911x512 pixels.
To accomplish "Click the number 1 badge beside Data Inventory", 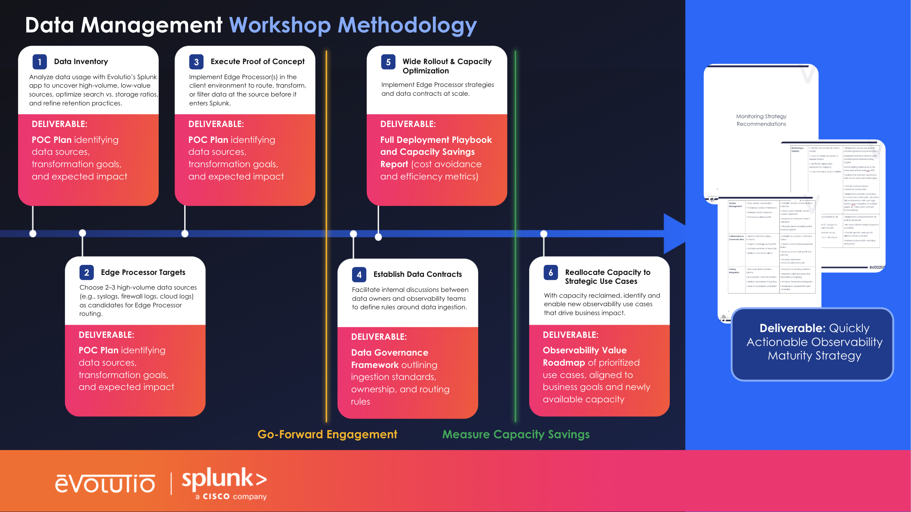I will point(40,62).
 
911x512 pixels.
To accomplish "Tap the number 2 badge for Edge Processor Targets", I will point(86,273).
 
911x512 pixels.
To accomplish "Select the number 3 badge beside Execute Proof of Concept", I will point(196,62).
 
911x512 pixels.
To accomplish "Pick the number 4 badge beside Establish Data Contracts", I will point(359,275).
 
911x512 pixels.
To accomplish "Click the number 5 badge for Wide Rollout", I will point(388,62).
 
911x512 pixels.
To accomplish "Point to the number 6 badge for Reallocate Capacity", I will point(550,273).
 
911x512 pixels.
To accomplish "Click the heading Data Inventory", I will point(81,61).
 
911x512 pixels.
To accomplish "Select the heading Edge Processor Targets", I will point(143,272).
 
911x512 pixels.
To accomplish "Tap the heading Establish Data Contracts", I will point(417,274).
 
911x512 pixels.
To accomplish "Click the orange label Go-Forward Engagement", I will point(327,434).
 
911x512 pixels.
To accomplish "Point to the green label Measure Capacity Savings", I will point(516,434).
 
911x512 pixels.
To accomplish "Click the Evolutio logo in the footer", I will point(105,484).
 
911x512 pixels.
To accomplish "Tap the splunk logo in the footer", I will point(224,483).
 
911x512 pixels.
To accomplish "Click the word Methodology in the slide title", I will point(407,25).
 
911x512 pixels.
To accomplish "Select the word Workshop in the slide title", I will point(280,25).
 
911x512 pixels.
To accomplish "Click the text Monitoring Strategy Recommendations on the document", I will point(761,120).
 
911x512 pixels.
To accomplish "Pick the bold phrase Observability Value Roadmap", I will point(584,356).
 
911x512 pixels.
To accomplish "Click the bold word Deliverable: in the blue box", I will point(792,328).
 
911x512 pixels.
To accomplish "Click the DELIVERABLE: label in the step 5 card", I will point(408,124).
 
